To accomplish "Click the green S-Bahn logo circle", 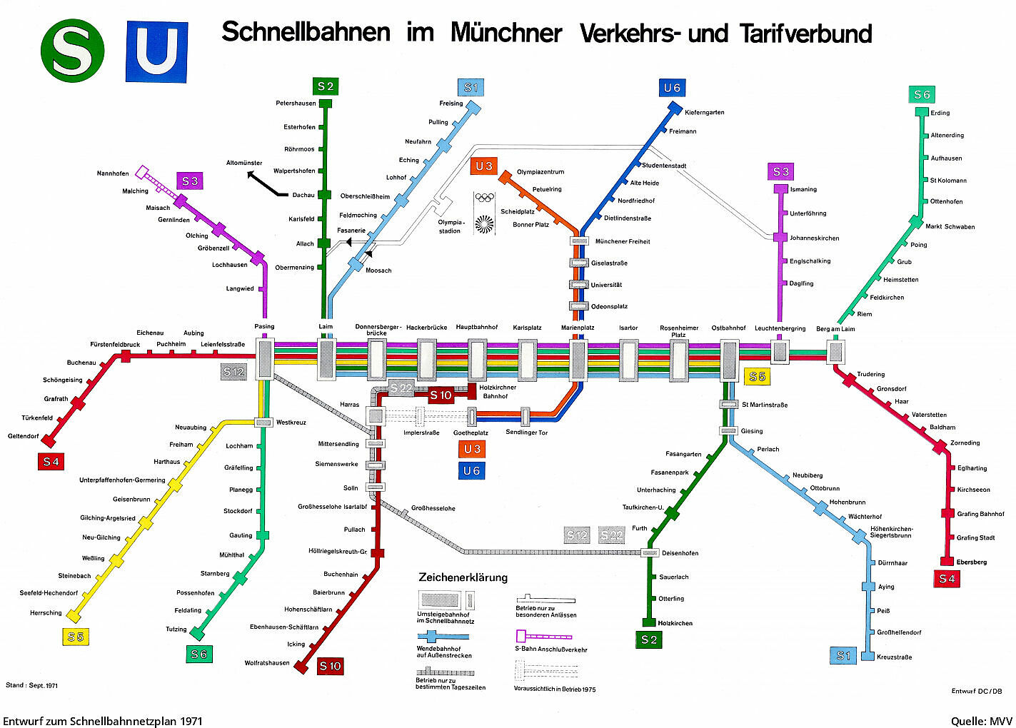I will tap(72, 51).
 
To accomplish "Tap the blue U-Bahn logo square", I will tap(157, 51).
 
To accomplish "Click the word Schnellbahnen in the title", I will tap(306, 33).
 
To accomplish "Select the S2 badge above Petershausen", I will tap(326, 86).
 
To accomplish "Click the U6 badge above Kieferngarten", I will tap(672, 88).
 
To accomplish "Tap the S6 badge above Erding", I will tap(922, 94).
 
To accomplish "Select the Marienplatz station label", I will tap(578, 328).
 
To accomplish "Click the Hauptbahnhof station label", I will tap(476, 327).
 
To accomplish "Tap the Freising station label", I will tap(451, 103).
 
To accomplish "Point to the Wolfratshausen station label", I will tap(267, 663).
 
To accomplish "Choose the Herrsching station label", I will tap(46, 613).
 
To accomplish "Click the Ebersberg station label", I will tap(971, 562).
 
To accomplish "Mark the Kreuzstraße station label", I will tap(894, 657).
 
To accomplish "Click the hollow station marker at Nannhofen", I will tap(141, 171).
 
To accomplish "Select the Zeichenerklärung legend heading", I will tap(463, 577).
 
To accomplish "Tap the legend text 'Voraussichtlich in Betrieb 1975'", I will tap(555, 689).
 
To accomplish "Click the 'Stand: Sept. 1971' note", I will tap(31, 685).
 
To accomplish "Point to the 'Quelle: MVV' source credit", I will tap(981, 721).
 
